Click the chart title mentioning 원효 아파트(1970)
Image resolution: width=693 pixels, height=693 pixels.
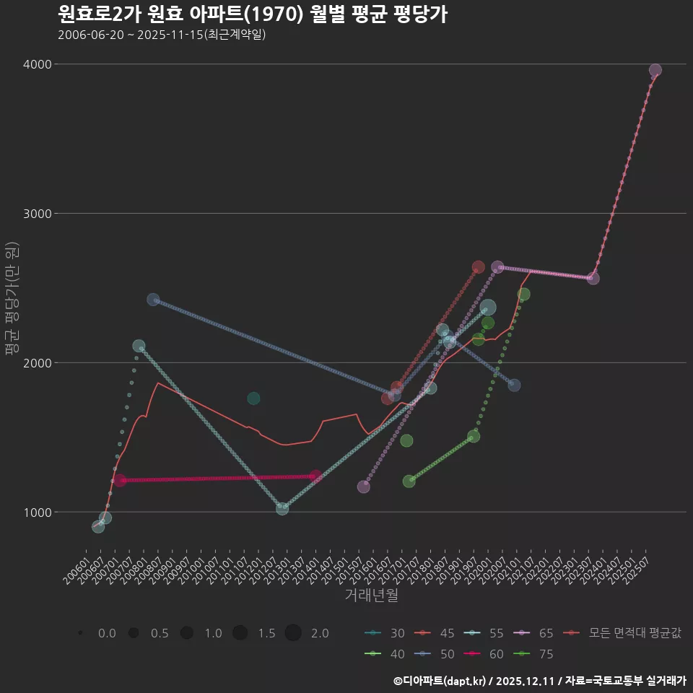point(252,14)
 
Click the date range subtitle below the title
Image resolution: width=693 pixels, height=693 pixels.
point(162,35)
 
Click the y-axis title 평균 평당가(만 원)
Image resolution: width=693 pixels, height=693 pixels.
point(12,299)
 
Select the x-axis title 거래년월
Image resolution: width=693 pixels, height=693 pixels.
point(371,595)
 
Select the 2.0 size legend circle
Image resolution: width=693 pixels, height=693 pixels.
point(293,633)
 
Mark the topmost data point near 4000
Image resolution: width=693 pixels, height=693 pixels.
point(655,71)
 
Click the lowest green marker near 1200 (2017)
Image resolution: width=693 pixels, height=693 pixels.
point(409,481)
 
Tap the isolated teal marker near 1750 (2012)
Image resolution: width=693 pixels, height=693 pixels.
point(253,398)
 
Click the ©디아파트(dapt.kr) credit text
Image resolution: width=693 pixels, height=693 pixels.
point(440,681)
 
